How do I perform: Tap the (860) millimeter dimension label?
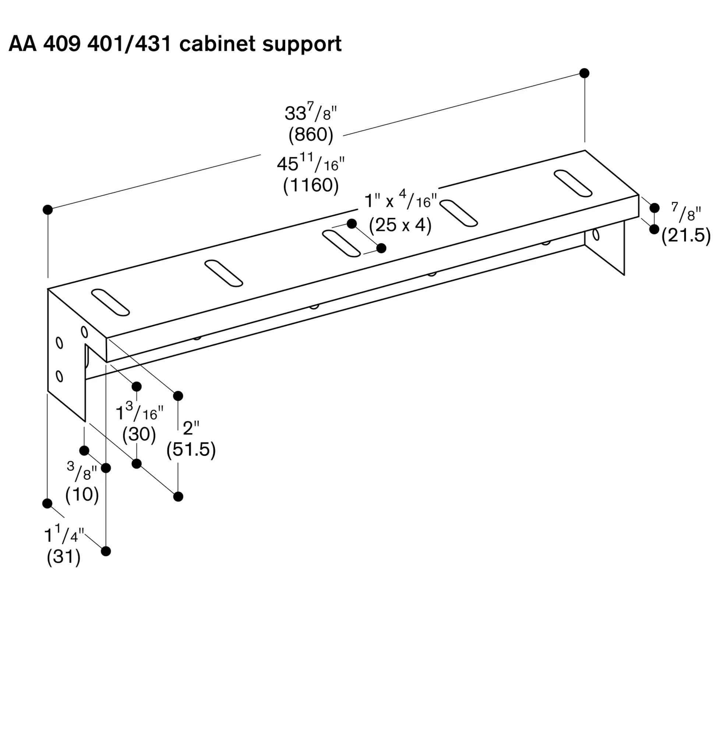(311, 135)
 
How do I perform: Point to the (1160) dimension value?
(311, 185)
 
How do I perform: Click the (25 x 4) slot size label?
(400, 225)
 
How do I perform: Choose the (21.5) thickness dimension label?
(686, 236)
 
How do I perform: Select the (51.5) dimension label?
(191, 449)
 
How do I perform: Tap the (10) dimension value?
(82, 494)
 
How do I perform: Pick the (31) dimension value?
(64, 557)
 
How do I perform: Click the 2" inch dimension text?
(191, 428)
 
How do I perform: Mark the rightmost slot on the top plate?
(573, 183)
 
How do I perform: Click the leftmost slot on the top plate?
(110, 302)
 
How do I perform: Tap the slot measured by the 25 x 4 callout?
(341, 243)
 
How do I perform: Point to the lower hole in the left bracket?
(59, 376)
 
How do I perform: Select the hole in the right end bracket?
(596, 235)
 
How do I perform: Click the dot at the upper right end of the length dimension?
(585, 73)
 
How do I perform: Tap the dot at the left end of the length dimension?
(47, 209)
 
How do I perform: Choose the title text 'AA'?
(22, 44)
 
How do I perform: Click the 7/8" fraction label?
(685, 212)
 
